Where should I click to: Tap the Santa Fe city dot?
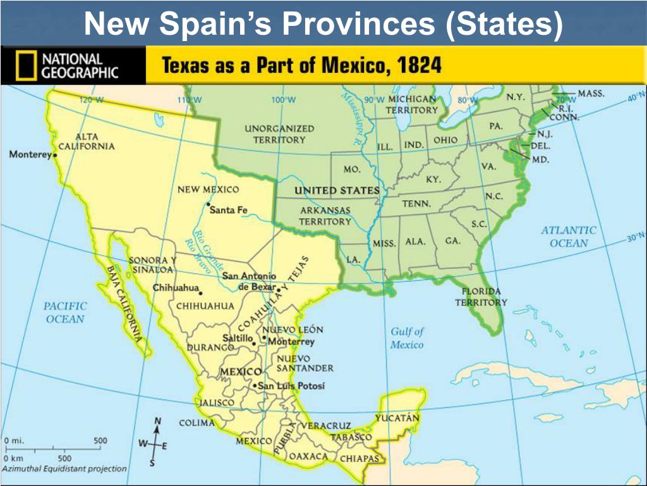208,204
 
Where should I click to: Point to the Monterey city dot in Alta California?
55,154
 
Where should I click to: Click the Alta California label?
87,142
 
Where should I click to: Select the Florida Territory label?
481,297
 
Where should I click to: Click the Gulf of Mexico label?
407,338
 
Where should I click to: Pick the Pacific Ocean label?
64,312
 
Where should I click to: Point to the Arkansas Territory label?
325,216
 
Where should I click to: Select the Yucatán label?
397,418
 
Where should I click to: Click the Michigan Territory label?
412,104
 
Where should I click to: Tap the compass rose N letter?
158,421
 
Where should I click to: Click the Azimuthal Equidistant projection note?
64,469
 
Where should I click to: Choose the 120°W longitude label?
92,100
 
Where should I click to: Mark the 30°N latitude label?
635,239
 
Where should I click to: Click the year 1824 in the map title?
415,65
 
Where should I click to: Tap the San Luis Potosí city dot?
254,385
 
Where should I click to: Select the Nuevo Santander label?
305,363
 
